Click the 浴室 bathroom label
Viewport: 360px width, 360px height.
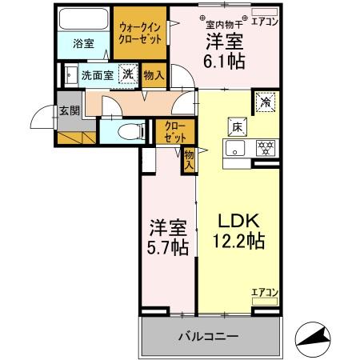84,45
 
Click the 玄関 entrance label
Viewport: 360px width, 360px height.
68,111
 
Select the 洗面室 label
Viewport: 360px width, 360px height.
97,75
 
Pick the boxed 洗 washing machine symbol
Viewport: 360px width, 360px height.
127,74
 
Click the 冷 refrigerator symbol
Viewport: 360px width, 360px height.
265,102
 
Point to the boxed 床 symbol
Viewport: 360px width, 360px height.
238,126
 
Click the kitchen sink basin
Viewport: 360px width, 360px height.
234,147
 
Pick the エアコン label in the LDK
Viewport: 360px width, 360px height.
265,292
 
